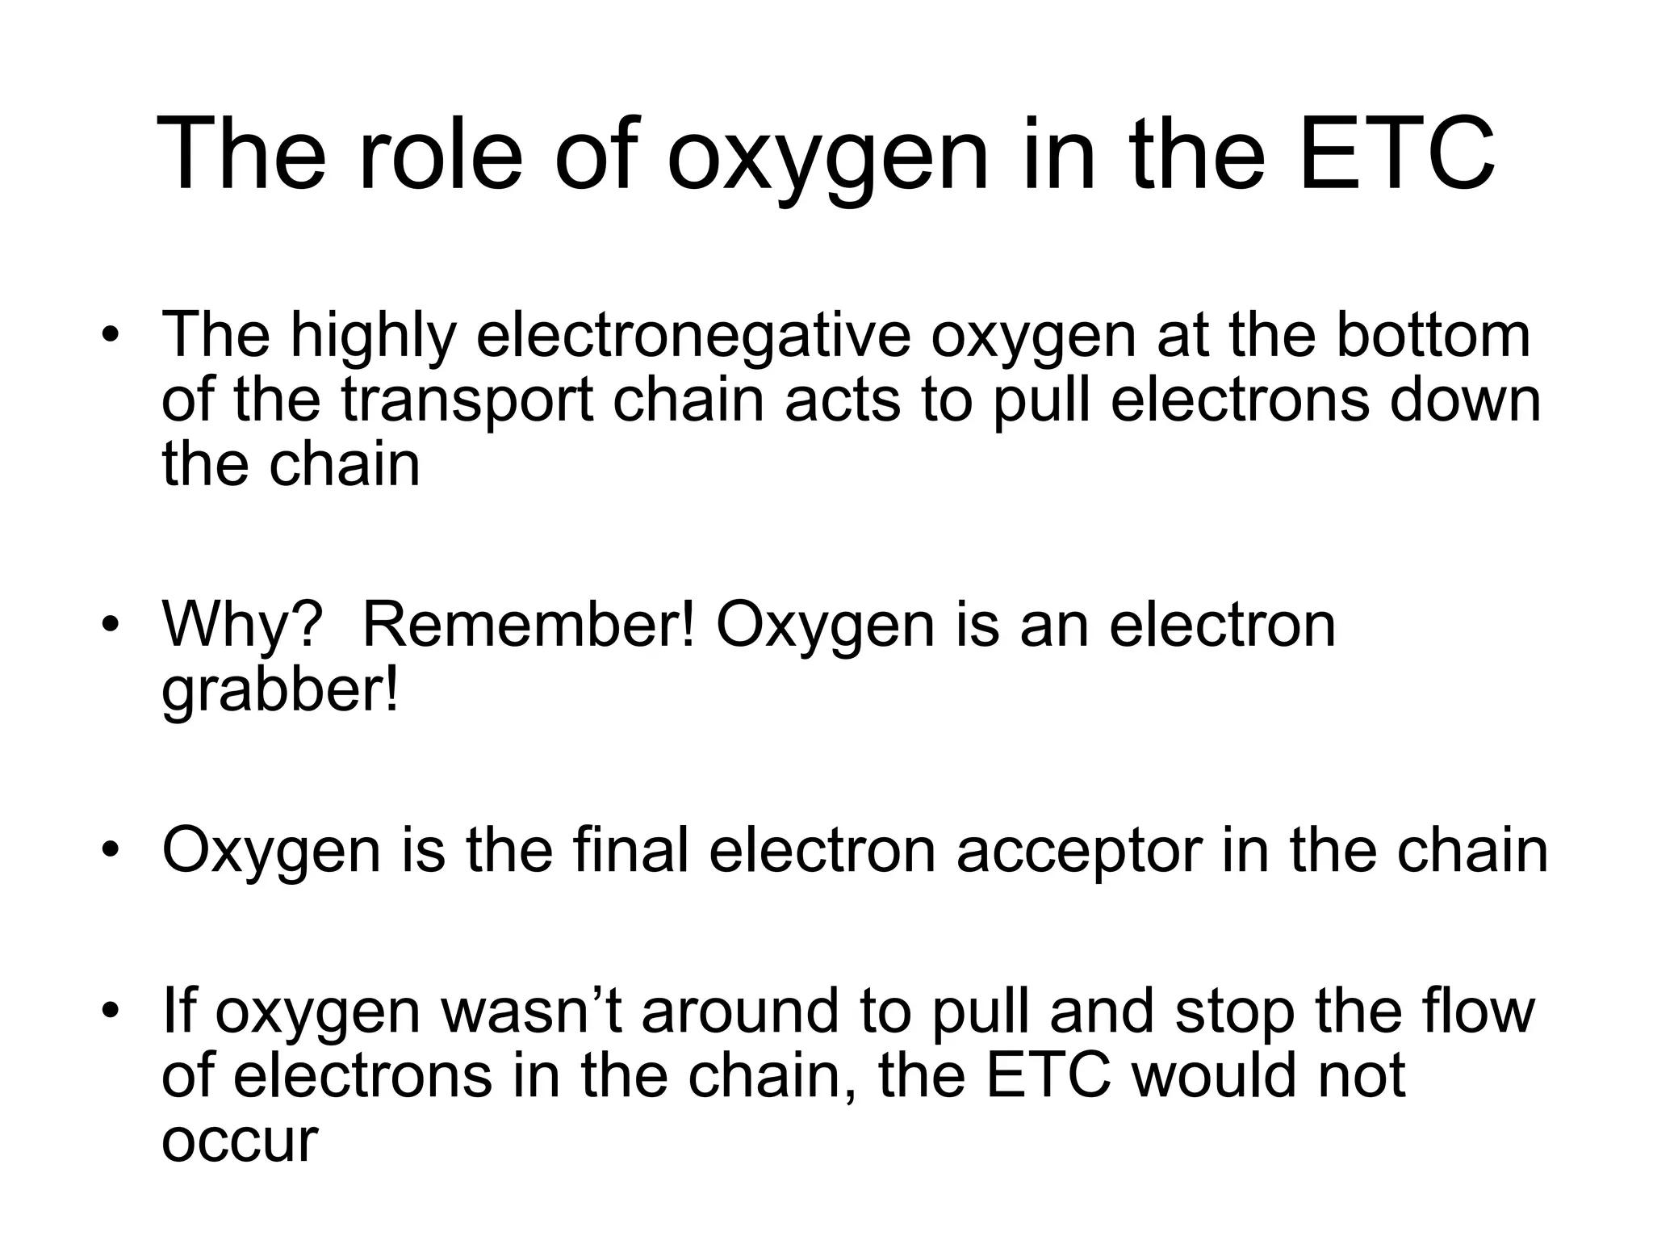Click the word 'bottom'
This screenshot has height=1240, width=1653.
(x=1433, y=335)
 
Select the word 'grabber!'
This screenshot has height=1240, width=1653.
(x=280, y=690)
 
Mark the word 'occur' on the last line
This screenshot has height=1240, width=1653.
(x=240, y=1141)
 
